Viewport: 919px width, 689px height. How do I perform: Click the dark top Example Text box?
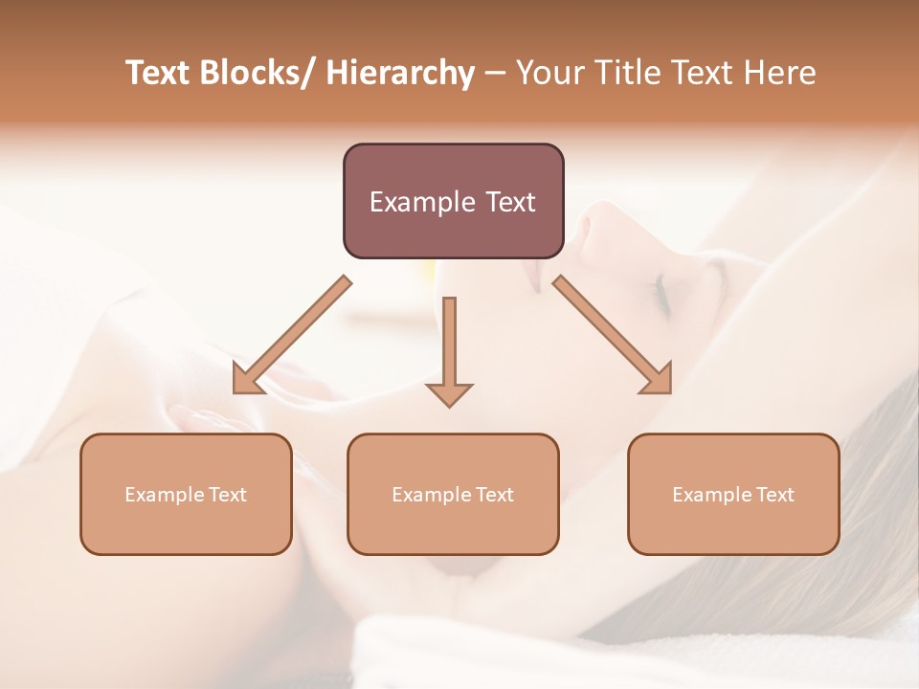point(453,201)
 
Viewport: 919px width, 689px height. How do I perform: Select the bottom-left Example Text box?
point(186,494)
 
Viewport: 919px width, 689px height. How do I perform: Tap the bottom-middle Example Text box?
point(453,494)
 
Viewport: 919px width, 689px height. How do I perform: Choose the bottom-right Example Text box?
point(733,494)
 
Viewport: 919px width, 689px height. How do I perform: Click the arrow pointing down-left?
point(291,335)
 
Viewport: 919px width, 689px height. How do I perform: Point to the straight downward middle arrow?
point(449,350)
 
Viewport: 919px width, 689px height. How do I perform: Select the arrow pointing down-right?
point(613,335)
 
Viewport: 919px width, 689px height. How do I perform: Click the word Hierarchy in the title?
point(400,73)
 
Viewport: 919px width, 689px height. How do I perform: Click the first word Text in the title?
point(160,73)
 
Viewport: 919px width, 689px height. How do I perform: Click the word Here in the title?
point(779,73)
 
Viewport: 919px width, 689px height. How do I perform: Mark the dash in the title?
point(495,73)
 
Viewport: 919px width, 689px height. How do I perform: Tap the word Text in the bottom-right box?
point(774,494)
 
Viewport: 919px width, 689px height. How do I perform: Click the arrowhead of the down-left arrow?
point(246,381)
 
